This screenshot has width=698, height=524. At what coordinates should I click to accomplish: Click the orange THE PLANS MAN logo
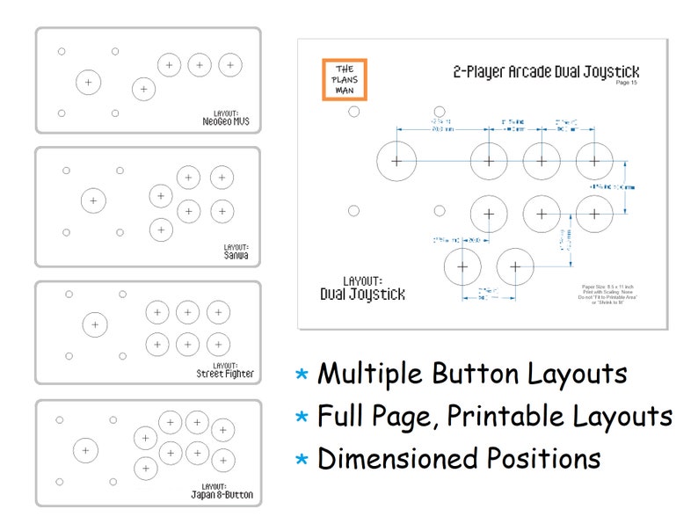pyautogui.click(x=345, y=80)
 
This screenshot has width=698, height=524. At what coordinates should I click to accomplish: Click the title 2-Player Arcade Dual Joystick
pyautogui.click(x=546, y=71)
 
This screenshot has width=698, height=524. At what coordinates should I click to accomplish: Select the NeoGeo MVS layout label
pyautogui.click(x=225, y=120)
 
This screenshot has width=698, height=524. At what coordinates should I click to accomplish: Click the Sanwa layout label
pyautogui.click(x=236, y=253)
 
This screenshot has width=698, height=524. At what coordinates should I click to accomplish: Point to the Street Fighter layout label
pyautogui.click(x=225, y=371)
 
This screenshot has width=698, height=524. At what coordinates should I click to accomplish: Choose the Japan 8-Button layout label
pyautogui.click(x=222, y=491)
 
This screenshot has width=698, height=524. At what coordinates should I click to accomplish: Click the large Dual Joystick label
pyautogui.click(x=362, y=294)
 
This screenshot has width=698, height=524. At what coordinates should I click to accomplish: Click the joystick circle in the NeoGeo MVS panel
pyautogui.click(x=88, y=82)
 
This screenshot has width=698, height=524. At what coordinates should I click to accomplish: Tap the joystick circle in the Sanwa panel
pyautogui.click(x=93, y=200)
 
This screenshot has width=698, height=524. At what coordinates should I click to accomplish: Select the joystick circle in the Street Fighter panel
pyautogui.click(x=95, y=324)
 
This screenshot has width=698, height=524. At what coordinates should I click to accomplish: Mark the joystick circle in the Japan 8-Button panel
pyautogui.click(x=85, y=450)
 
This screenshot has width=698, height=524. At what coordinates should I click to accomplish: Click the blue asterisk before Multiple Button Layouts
pyautogui.click(x=302, y=375)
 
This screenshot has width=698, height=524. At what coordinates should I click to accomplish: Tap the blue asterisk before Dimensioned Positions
pyautogui.click(x=302, y=459)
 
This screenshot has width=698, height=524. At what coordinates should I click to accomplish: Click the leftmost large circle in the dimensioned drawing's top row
pyautogui.click(x=396, y=161)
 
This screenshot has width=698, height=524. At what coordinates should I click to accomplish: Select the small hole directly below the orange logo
pyautogui.click(x=353, y=112)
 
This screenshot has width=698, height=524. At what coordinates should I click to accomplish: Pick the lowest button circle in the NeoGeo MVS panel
pyautogui.click(x=143, y=89)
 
